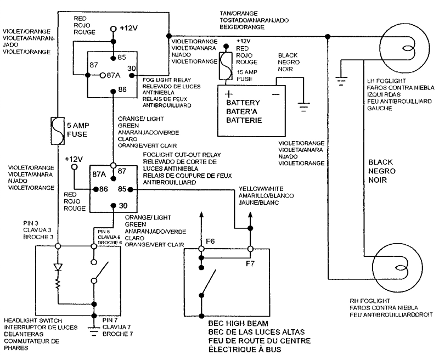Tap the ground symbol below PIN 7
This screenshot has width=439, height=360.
point(94,330)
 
